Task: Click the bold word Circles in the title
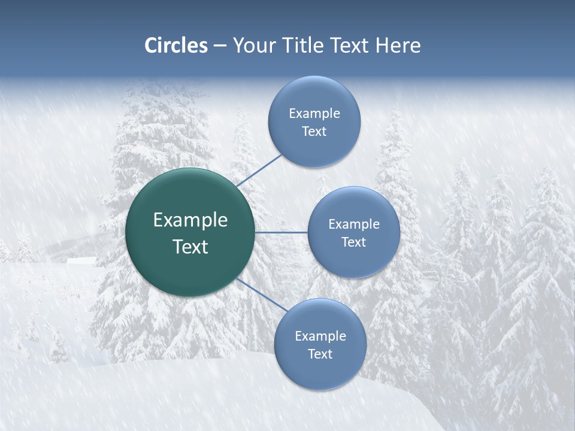click(176, 45)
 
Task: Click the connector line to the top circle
click(259, 171)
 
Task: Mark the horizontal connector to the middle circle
click(281, 232)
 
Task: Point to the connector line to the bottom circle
click(262, 295)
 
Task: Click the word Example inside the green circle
click(190, 220)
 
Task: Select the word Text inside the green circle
click(190, 247)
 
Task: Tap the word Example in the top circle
click(314, 114)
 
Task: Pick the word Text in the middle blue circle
click(353, 242)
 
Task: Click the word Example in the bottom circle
click(320, 336)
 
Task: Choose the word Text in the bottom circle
click(320, 354)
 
